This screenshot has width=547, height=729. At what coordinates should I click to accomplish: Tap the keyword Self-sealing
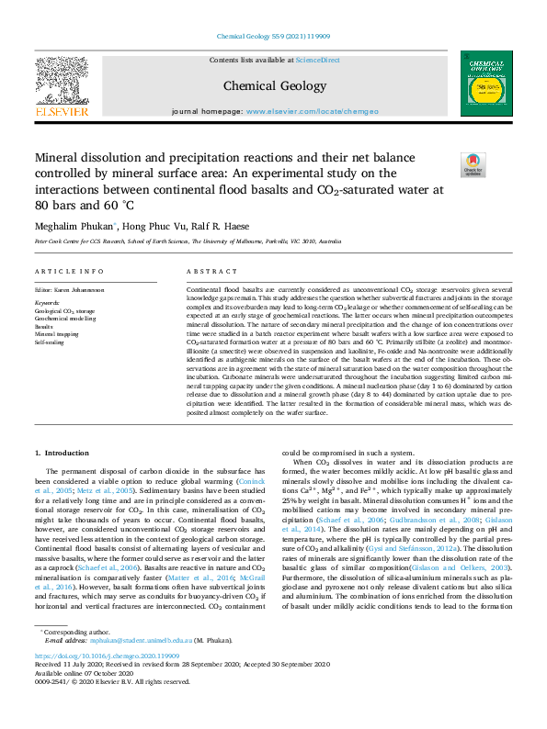[x=50, y=342]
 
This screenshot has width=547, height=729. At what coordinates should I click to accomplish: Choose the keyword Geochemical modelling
[x=65, y=318]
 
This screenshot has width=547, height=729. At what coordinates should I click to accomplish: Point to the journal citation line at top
[x=273, y=37]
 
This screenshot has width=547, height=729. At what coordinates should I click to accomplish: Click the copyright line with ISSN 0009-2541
[x=111, y=707]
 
